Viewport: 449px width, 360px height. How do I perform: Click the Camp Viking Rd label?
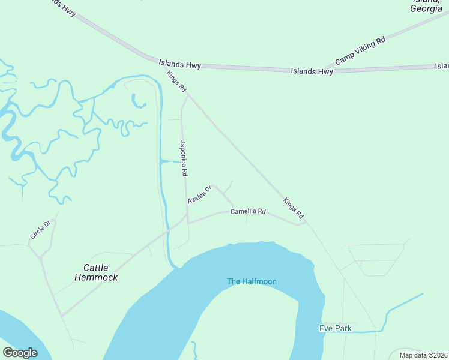click(x=360, y=50)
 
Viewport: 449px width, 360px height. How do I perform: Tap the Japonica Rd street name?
click(x=184, y=158)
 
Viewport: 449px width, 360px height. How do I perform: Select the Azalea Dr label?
click(x=200, y=194)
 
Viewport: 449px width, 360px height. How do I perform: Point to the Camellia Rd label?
click(x=248, y=211)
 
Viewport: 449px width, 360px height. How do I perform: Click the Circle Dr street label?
click(x=42, y=229)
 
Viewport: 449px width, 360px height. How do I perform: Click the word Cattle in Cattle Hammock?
click(x=96, y=268)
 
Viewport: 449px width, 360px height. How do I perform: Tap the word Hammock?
click(x=96, y=277)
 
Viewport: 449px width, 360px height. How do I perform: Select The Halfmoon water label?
click(x=252, y=281)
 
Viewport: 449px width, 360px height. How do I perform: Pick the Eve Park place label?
click(x=335, y=328)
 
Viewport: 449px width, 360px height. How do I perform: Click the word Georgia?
click(x=426, y=8)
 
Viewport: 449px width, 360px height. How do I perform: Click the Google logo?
click(x=20, y=353)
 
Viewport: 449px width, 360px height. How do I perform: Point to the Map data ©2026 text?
click(x=424, y=355)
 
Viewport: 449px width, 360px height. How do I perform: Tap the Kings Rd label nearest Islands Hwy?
click(x=176, y=81)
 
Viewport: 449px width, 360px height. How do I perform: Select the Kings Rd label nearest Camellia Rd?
click(x=294, y=207)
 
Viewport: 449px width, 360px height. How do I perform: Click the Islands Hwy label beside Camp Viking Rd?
click(x=312, y=71)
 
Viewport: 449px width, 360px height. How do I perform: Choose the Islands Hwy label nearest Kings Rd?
click(x=179, y=63)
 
